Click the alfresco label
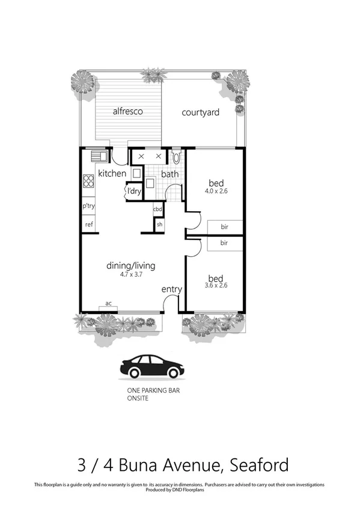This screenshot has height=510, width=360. coord(127,111)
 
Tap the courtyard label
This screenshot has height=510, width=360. coord(200,112)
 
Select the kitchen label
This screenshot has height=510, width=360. coord(112,174)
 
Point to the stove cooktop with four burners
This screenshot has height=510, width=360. coord(88,181)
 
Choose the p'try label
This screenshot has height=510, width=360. coord(89,206)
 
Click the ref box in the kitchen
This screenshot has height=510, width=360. coord(89,224)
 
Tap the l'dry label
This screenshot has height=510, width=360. coord(133,192)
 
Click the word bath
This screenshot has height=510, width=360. coord(170,174)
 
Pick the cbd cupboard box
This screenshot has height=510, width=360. coord(158,209)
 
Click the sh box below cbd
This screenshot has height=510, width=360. coord(159,224)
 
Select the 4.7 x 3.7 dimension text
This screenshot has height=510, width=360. coord(132,275)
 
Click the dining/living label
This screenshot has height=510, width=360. coord(131,265)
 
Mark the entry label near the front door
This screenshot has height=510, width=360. coord(171,290)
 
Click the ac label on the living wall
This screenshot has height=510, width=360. coord(108,304)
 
